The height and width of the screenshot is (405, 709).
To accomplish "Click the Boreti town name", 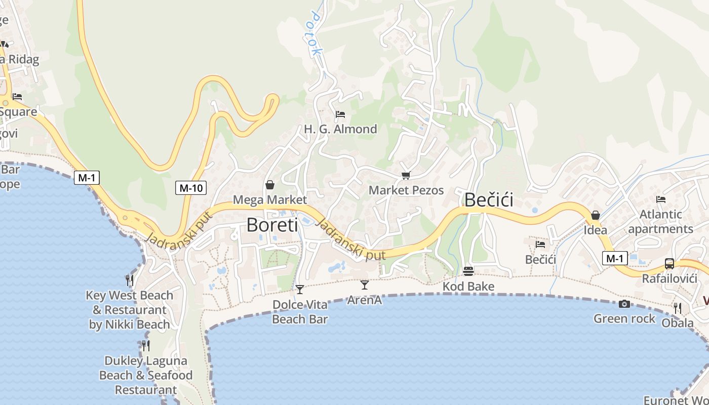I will (x=272, y=225).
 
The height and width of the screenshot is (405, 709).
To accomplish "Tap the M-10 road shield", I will (x=191, y=188).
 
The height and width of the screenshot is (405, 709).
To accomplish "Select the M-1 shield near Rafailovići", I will (x=615, y=258).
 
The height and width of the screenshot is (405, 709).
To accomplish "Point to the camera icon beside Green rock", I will (x=624, y=304).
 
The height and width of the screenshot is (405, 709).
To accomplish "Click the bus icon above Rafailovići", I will (x=669, y=263).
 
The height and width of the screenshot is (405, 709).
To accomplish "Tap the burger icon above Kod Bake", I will (x=468, y=271).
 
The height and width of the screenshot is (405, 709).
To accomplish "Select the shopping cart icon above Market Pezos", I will (x=405, y=176).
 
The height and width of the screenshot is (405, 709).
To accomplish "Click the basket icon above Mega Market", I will (x=270, y=185).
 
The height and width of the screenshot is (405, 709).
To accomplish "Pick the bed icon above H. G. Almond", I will (x=340, y=114).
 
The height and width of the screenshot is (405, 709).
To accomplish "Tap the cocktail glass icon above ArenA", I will (x=365, y=285).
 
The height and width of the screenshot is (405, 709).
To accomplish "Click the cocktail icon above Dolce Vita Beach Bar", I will (x=300, y=290).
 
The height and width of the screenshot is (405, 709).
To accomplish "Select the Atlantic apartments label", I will (x=660, y=221).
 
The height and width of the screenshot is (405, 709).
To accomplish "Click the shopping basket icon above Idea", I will (x=596, y=215).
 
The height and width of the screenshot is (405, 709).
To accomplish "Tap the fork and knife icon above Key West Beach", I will (x=130, y=279).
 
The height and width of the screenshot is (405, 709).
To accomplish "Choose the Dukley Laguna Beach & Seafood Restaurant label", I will (x=146, y=375).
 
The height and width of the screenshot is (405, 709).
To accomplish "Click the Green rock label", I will (x=624, y=318).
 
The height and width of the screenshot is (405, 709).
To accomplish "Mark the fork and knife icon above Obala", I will (x=677, y=307).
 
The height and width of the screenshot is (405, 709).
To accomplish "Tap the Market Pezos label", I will (x=406, y=190).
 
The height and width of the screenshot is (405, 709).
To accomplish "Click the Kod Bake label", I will (x=468, y=287).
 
